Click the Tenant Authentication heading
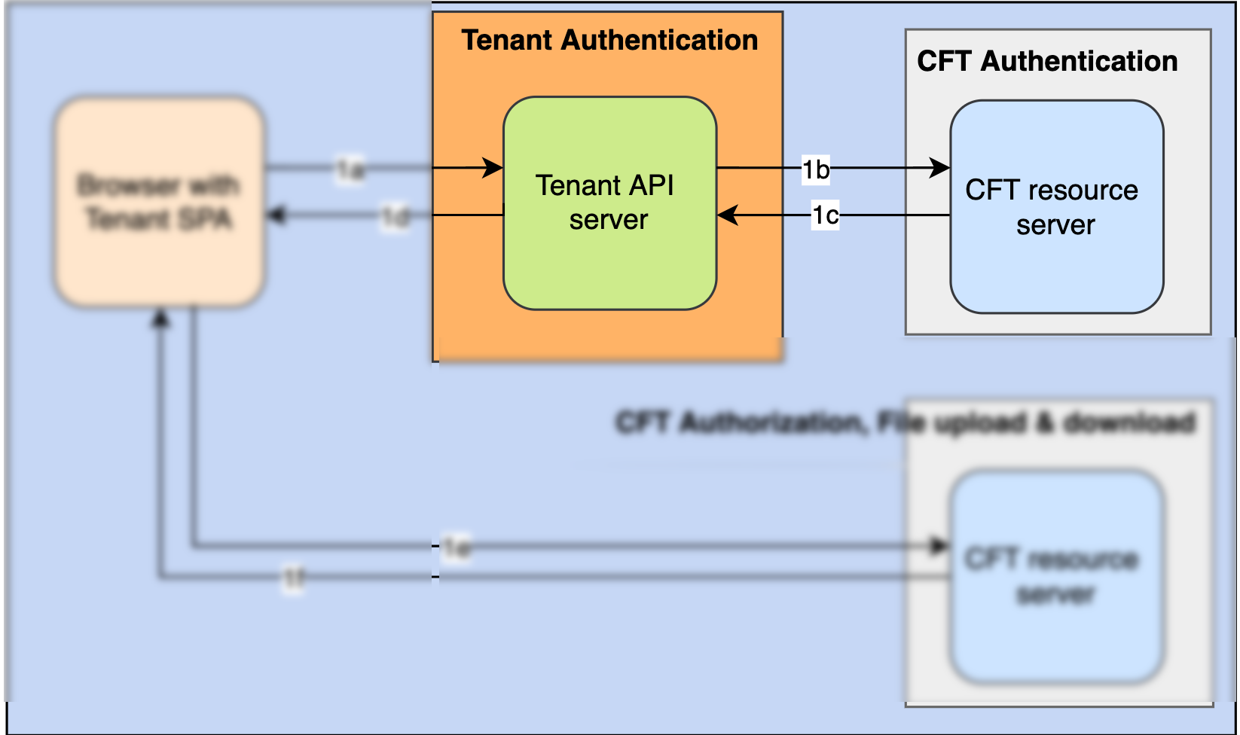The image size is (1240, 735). [609, 41]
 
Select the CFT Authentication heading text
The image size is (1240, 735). [1046, 61]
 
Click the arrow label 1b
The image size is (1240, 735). [815, 169]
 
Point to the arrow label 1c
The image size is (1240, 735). [825, 215]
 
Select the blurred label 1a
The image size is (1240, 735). [350, 169]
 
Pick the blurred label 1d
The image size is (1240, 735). [396, 218]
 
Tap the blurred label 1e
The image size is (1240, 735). [457, 547]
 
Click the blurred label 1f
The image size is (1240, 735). [293, 578]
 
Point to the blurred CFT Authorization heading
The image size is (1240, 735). [904, 422]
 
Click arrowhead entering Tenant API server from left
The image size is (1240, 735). [493, 167]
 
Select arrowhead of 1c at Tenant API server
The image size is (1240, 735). [727, 215]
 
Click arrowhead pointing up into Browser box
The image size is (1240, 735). [160, 319]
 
